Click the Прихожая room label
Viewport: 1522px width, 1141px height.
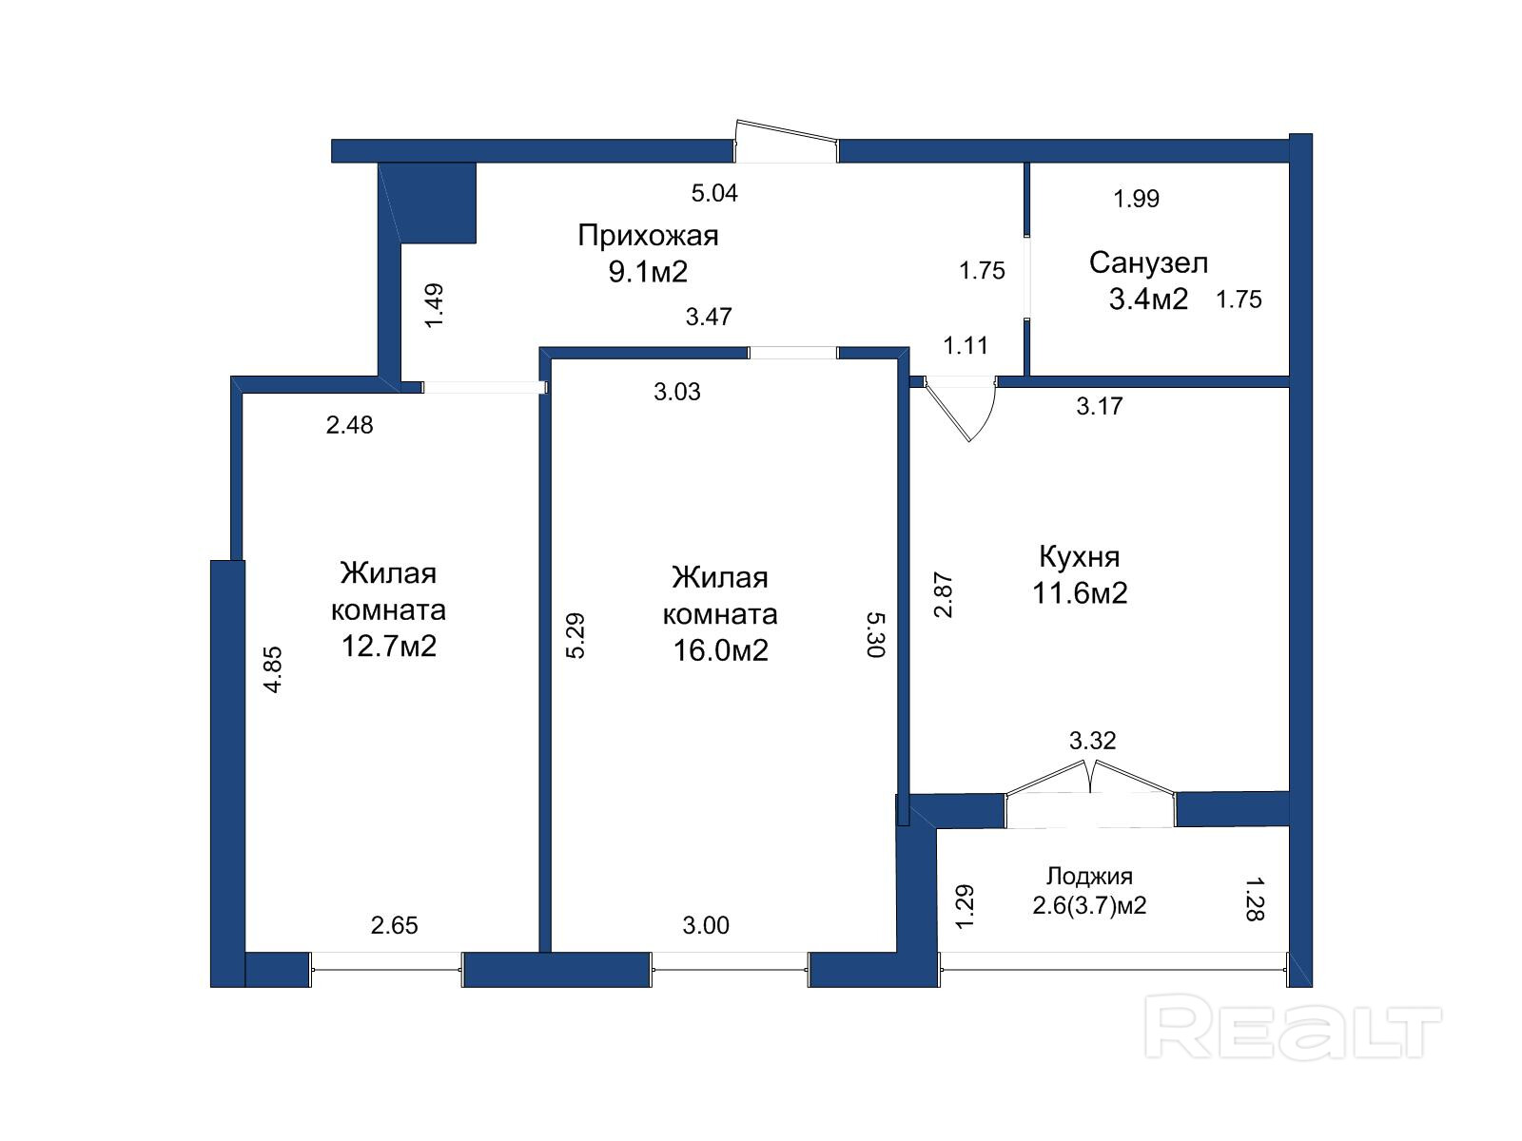(x=648, y=236)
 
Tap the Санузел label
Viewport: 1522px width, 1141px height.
(x=1148, y=263)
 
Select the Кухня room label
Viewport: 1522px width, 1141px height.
(x=1080, y=556)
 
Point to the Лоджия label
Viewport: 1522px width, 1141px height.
(x=1089, y=877)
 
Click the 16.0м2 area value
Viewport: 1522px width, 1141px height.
(x=720, y=650)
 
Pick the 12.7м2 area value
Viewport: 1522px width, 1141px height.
(x=389, y=647)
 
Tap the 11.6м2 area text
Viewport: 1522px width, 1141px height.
(x=1080, y=593)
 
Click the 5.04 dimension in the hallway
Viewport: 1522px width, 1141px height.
(x=714, y=193)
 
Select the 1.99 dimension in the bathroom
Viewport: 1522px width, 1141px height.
(x=1137, y=199)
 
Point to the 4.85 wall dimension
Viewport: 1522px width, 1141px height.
(x=274, y=669)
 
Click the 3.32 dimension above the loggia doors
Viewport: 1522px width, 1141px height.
(x=1093, y=741)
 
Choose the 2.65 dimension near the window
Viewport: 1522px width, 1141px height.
(x=395, y=925)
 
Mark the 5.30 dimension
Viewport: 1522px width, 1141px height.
(x=876, y=634)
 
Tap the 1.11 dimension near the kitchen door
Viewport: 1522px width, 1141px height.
(x=966, y=345)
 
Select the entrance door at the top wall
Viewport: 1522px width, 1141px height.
(x=787, y=141)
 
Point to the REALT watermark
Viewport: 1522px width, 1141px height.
(x=1293, y=1026)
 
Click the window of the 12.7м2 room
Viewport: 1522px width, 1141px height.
(x=386, y=969)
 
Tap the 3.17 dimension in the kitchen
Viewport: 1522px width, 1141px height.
(x=1100, y=406)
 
